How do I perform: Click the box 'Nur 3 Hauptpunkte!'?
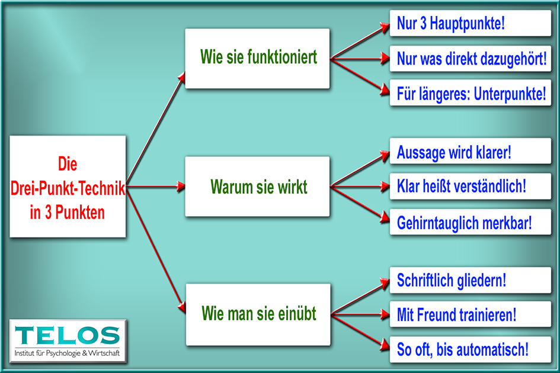point(470,23)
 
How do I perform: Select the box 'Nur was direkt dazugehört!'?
point(470,59)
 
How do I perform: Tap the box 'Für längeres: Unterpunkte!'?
point(470,93)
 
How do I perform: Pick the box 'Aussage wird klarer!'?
point(470,151)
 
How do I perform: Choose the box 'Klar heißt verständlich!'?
point(470,186)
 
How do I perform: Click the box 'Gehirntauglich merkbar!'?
point(470,222)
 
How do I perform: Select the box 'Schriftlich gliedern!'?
point(470,280)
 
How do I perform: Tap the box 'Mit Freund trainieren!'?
point(470,314)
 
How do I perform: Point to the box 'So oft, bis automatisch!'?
point(470,349)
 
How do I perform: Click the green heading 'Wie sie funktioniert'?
point(258,57)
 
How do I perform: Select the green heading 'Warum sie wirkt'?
point(258,186)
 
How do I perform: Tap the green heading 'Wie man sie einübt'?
point(258,313)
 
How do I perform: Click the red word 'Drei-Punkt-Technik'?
point(68,188)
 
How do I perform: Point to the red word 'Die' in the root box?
point(68,164)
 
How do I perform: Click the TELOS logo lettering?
point(67,335)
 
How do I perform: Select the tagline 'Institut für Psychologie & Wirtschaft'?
point(67,353)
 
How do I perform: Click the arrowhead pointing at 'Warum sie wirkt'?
point(181,186)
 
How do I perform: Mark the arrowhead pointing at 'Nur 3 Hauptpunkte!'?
point(385,27)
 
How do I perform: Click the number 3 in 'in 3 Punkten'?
point(48,213)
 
